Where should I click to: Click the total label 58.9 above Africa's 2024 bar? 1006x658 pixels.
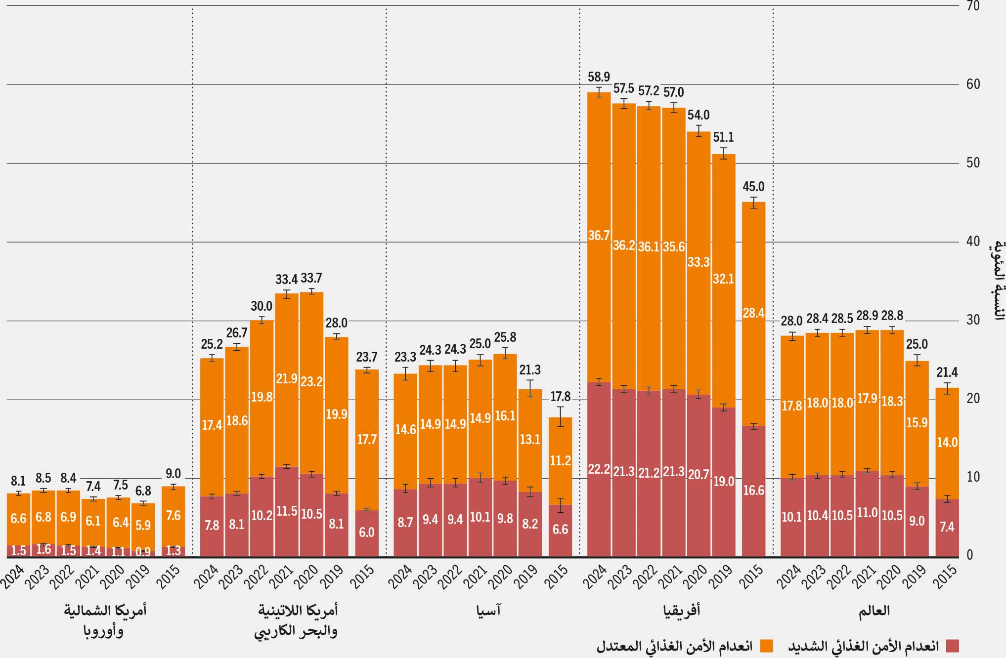coord(599,77)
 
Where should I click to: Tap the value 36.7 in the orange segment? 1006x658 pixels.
coord(599,236)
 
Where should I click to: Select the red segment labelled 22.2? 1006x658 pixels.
coord(599,469)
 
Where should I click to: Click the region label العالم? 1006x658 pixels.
coord(874,611)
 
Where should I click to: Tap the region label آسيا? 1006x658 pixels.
coord(488,611)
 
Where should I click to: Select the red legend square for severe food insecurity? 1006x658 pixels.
coord(952,646)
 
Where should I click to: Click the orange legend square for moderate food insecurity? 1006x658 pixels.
coord(766,646)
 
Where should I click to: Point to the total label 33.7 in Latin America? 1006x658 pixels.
coord(311,278)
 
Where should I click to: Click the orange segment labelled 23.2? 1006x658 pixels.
coord(311,381)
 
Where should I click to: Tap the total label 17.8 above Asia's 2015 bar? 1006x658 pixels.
coord(560,397)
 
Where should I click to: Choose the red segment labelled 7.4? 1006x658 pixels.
coord(947,527)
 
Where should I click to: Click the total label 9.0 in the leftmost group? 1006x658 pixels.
coord(173,474)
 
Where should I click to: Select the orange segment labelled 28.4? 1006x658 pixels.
coord(753,313)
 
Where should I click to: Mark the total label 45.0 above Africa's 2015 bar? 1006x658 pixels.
coord(753,187)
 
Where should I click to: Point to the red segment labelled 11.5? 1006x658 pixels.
coord(287,511)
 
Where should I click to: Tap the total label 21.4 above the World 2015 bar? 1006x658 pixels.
coord(947,372)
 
